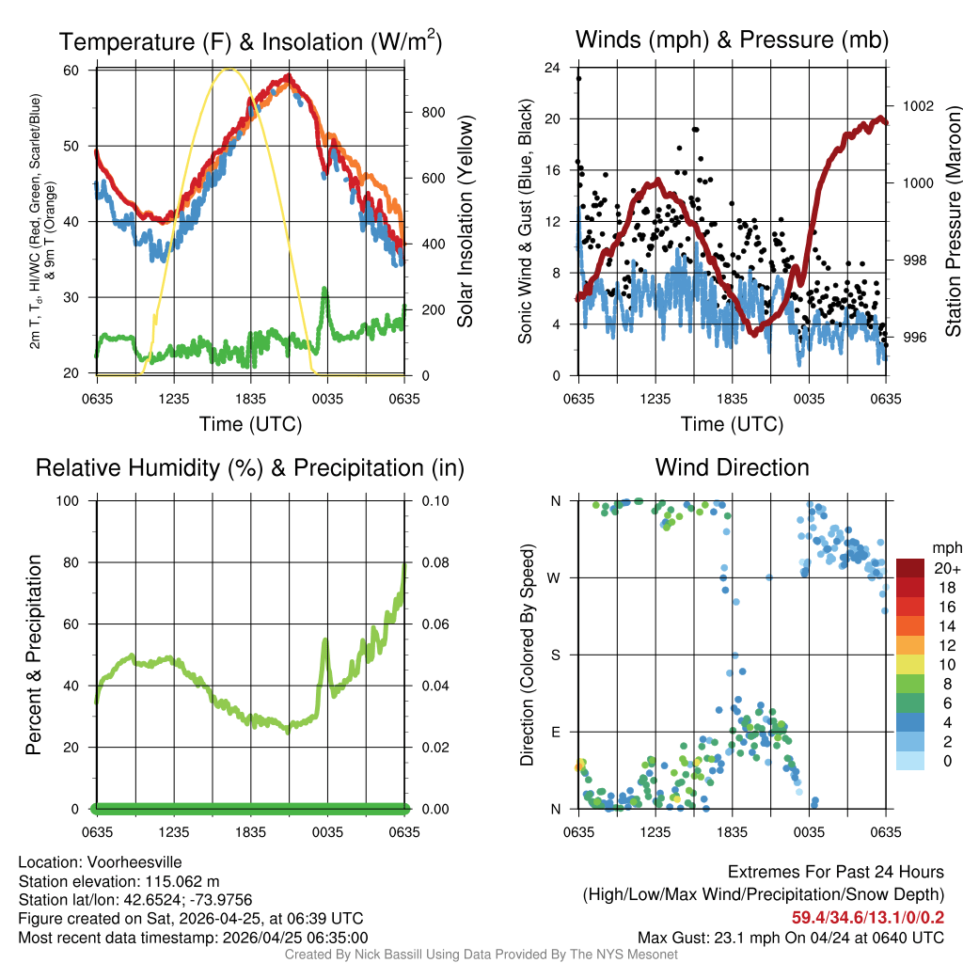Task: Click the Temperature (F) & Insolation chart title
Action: (x=250, y=42)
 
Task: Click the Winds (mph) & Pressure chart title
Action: (x=732, y=39)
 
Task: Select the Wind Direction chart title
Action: (x=732, y=467)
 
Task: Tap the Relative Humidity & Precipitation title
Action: (x=250, y=467)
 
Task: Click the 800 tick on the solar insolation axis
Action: (x=434, y=112)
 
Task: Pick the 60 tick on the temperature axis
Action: (x=71, y=71)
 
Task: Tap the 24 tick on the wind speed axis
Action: (x=553, y=68)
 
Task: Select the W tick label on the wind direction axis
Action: (x=556, y=577)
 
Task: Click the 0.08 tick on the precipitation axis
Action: (x=438, y=562)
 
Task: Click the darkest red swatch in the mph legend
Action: (x=910, y=568)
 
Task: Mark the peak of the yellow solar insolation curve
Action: (x=228, y=69)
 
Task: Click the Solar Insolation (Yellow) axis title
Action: (x=465, y=222)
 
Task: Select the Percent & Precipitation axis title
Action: (x=33, y=655)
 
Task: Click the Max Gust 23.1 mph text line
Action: (x=790, y=937)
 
